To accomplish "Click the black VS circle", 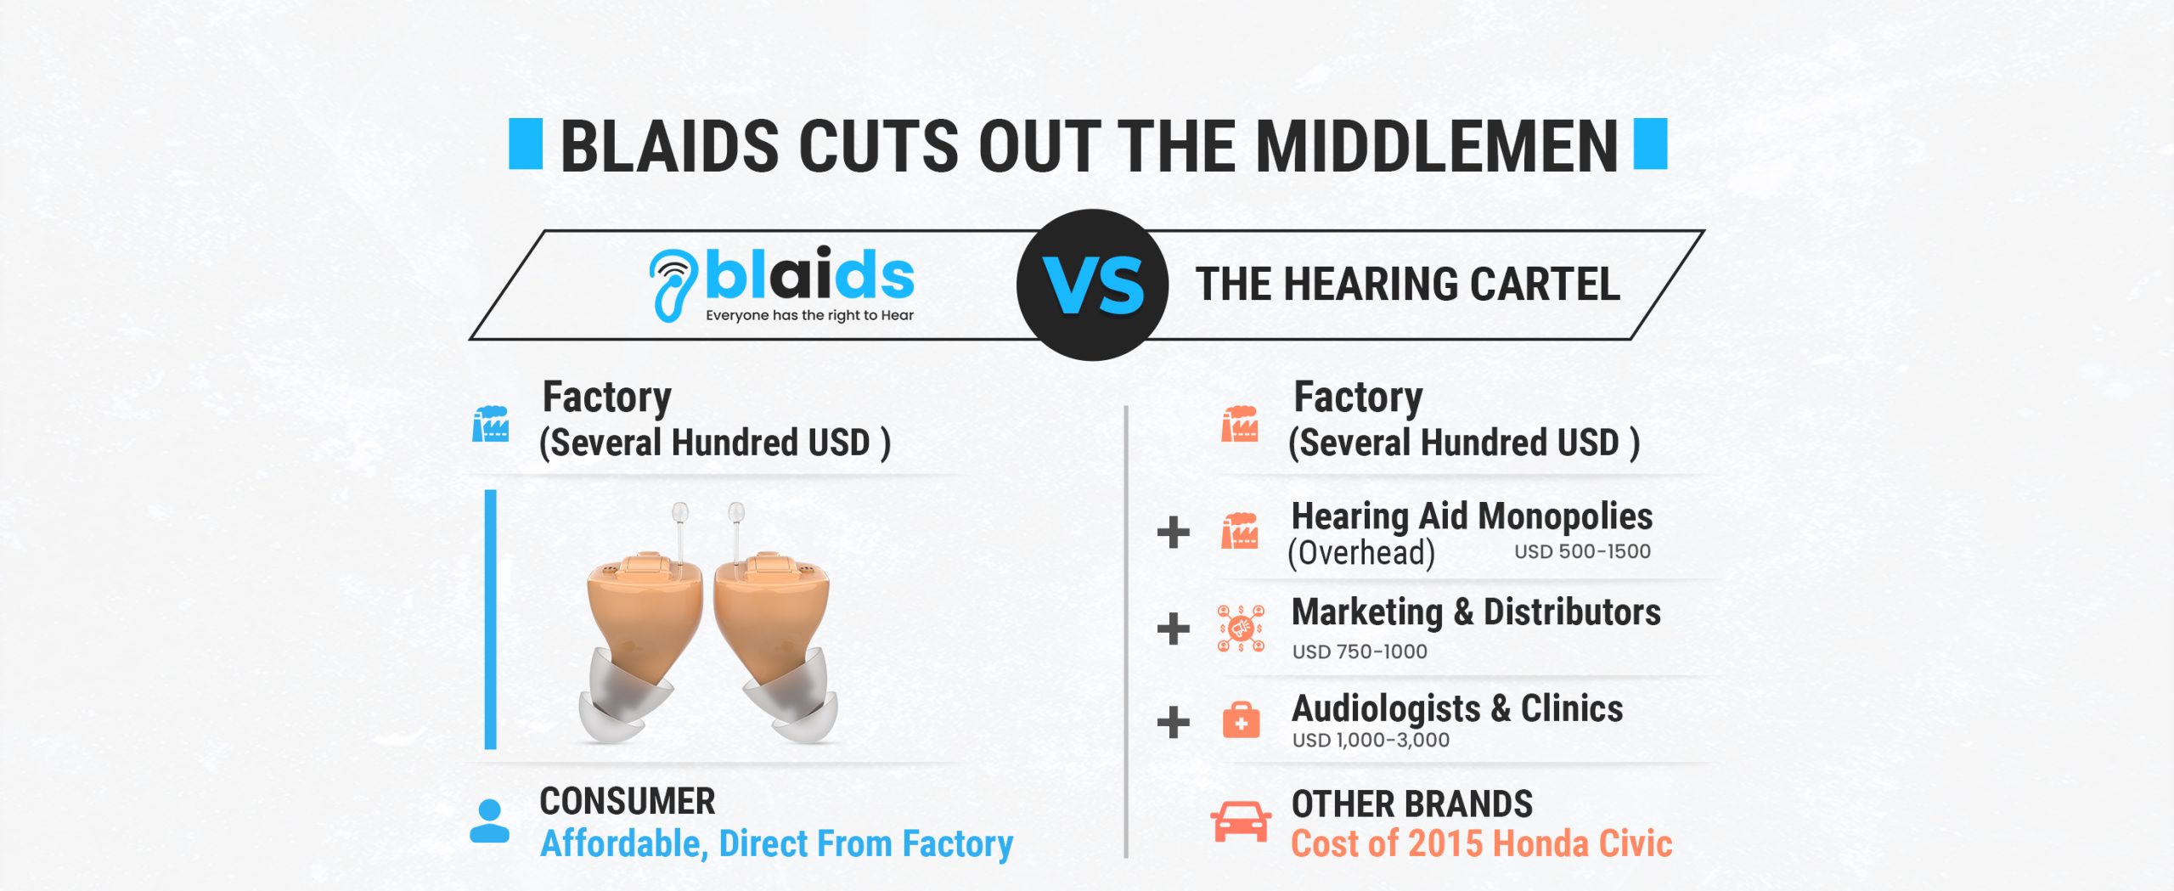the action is click(x=1092, y=285).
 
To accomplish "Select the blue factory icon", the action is click(x=491, y=424).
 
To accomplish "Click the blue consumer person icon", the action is click(x=490, y=821).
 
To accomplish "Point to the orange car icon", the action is click(x=1241, y=821).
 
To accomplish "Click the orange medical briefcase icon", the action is click(x=1241, y=720).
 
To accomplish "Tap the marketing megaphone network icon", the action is click(x=1241, y=629).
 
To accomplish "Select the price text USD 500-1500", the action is click(x=1582, y=551).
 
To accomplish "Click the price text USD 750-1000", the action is click(x=1360, y=651).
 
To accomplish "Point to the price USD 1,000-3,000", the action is click(x=1371, y=740).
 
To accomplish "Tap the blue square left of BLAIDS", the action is click(x=526, y=144).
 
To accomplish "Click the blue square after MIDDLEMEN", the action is click(x=1651, y=144).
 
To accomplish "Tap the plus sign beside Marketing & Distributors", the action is click(x=1173, y=629).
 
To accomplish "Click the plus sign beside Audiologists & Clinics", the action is click(x=1173, y=722).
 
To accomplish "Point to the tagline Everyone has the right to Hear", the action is click(x=809, y=315).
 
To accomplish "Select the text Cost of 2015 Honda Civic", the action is click(x=1482, y=843).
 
